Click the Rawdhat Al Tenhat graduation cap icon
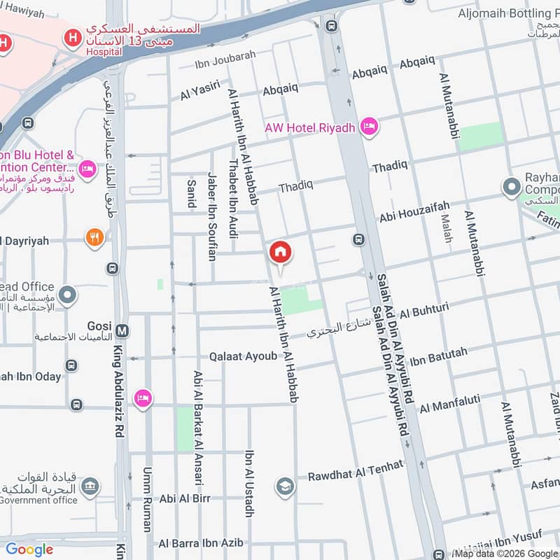tap(284, 486)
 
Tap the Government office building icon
tap(90, 486)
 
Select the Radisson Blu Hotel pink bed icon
tap(87, 168)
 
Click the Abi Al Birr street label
tap(185, 498)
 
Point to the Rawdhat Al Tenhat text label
tap(356, 470)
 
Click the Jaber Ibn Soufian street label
tap(211, 216)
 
